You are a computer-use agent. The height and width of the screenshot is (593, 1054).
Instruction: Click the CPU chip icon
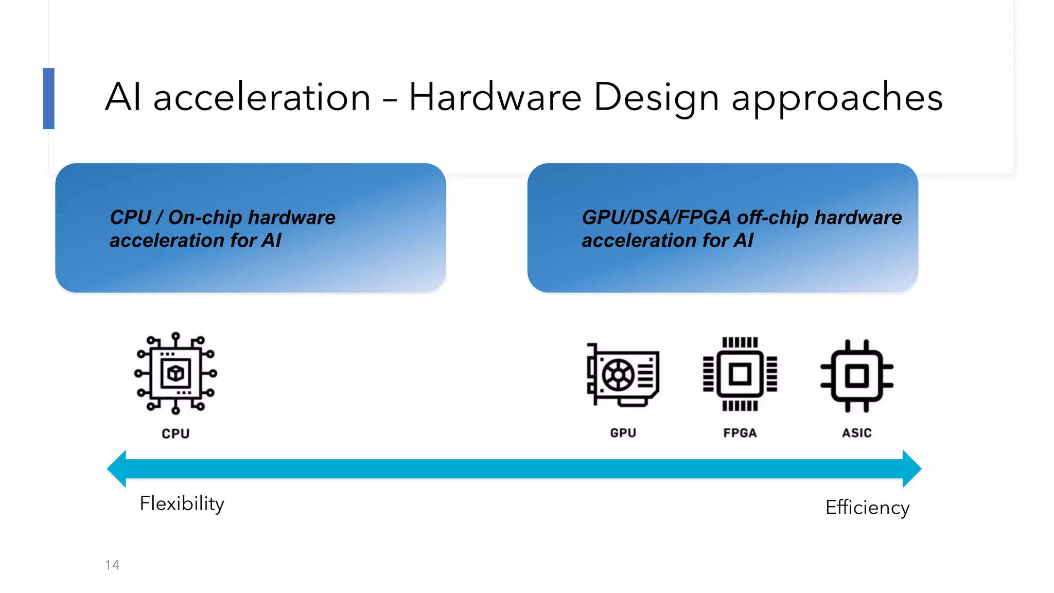(x=175, y=373)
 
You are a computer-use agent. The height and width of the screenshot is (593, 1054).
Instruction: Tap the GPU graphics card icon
(x=623, y=375)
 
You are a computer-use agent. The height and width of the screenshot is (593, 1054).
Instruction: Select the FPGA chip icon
(x=740, y=374)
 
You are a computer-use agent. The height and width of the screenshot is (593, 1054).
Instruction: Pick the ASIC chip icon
(x=857, y=375)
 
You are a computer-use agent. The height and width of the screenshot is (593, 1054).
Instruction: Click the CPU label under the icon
(x=175, y=434)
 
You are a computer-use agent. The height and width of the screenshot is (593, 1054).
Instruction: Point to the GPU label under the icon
(x=623, y=433)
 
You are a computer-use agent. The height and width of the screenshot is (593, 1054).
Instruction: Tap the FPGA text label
(x=740, y=433)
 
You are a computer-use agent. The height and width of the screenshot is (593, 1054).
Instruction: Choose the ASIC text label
(x=857, y=433)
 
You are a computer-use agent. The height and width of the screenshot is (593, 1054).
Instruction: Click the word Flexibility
(x=182, y=503)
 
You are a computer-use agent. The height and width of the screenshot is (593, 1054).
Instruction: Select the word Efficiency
(x=867, y=508)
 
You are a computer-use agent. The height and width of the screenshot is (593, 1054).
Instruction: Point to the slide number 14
(x=112, y=565)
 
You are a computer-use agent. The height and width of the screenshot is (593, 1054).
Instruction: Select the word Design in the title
(x=656, y=98)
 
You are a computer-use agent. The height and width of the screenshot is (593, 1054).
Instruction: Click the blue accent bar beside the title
(x=49, y=98)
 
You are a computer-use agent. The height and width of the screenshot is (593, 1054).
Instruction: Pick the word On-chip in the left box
(x=205, y=217)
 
